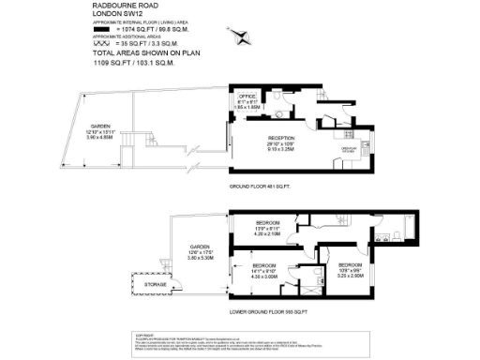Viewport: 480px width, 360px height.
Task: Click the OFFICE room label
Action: click(247, 97)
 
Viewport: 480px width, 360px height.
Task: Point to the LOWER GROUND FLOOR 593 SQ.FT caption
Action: click(270, 310)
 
